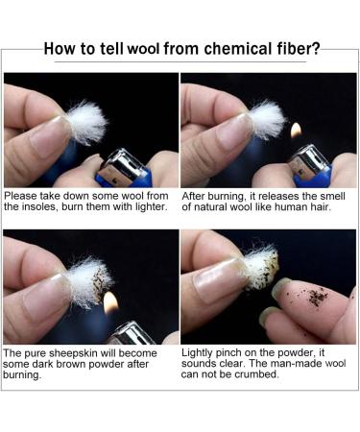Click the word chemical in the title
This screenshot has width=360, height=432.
coord(237,49)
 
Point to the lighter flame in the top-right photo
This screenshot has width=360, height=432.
coord(296,131)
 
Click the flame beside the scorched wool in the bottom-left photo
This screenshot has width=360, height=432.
coord(111,302)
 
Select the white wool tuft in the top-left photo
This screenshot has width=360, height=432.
coord(86,122)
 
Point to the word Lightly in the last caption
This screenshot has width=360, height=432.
coord(197,353)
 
